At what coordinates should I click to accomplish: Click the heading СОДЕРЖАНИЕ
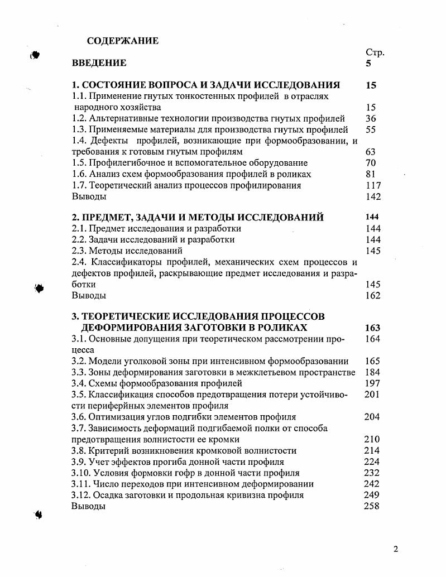pyautogui.click(x=123, y=41)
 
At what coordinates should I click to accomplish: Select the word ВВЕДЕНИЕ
pyautogui.click(x=99, y=63)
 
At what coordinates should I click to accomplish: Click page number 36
pyautogui.click(x=371, y=118)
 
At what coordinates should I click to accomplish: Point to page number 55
pyautogui.click(x=371, y=129)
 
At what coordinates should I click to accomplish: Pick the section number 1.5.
pyautogui.click(x=79, y=163)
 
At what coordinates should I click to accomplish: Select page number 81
pyautogui.click(x=371, y=174)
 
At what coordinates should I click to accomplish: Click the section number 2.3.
pyautogui.click(x=79, y=251)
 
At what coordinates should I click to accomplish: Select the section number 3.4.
pyautogui.click(x=79, y=383)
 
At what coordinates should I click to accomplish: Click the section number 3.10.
pyautogui.click(x=81, y=473)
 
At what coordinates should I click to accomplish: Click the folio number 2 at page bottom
pyautogui.click(x=396, y=549)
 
